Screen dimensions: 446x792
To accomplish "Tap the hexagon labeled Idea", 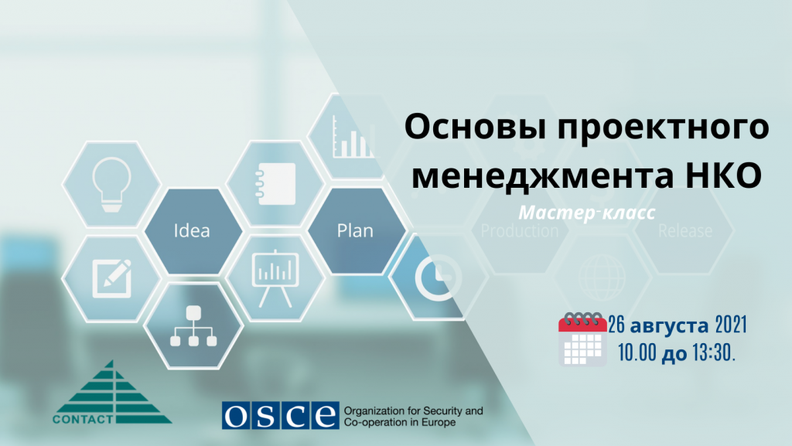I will (x=192, y=230).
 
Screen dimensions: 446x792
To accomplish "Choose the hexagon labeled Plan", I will (x=355, y=230).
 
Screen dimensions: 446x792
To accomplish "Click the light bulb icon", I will (x=110, y=184).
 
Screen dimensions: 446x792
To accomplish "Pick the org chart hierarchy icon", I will (x=193, y=325).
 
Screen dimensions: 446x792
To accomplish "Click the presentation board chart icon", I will (x=275, y=276).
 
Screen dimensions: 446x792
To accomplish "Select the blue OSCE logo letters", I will (x=279, y=416).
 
